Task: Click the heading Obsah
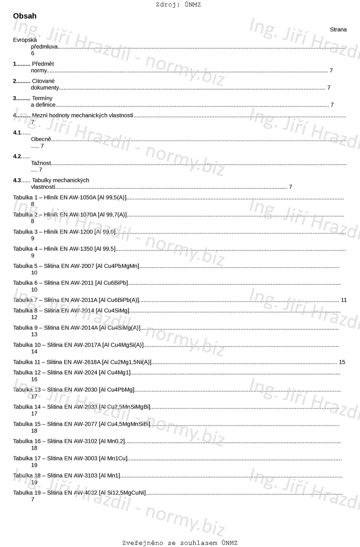[x=25, y=16]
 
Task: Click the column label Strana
[x=338, y=30]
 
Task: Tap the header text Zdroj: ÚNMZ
[x=178, y=5]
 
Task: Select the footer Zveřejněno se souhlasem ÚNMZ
[x=180, y=543]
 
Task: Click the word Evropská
[x=25, y=40]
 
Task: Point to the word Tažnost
[x=41, y=163]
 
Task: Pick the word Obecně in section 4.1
[x=41, y=139]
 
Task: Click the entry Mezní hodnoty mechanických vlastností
[x=82, y=115]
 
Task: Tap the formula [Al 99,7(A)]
[x=112, y=215]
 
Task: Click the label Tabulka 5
[x=25, y=266]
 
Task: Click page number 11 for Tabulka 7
[x=344, y=300]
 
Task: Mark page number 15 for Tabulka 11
[x=342, y=362]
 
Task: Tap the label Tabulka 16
[x=26, y=441]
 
